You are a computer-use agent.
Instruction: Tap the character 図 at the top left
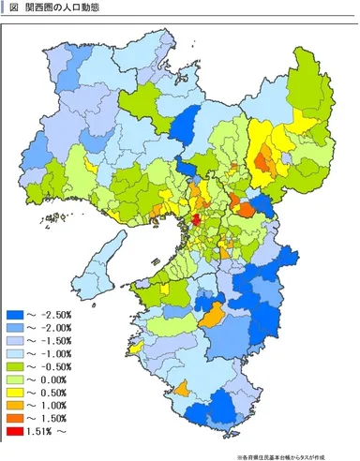point(13,7)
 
